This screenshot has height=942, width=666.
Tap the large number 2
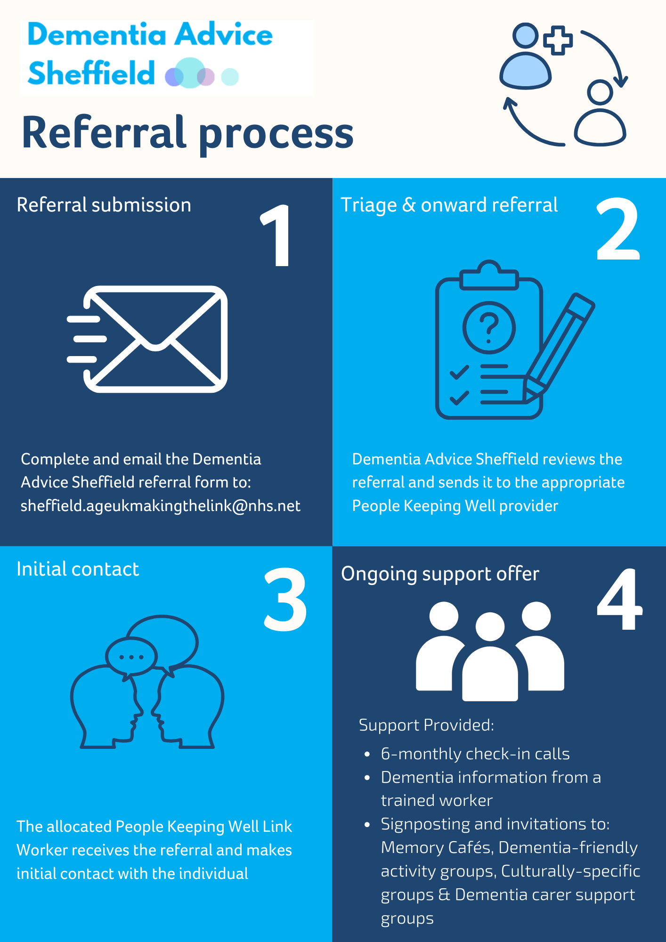(618, 229)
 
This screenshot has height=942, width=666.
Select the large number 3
(285, 599)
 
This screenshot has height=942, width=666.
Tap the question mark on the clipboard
(489, 327)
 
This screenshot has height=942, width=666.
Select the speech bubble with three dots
(131, 657)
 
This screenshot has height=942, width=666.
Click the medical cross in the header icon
(558, 41)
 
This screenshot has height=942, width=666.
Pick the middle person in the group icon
(490, 659)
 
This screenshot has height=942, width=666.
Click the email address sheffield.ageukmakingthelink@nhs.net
(161, 506)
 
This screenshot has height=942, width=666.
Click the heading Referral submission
(104, 205)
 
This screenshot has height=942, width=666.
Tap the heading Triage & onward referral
(449, 205)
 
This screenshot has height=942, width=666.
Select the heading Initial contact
(78, 569)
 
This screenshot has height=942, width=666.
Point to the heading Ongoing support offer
(440, 574)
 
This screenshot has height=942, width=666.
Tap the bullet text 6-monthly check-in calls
(475, 754)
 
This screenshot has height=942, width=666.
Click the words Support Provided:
(426, 725)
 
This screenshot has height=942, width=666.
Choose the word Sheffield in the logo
(91, 73)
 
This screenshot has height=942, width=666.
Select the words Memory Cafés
(437, 848)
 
